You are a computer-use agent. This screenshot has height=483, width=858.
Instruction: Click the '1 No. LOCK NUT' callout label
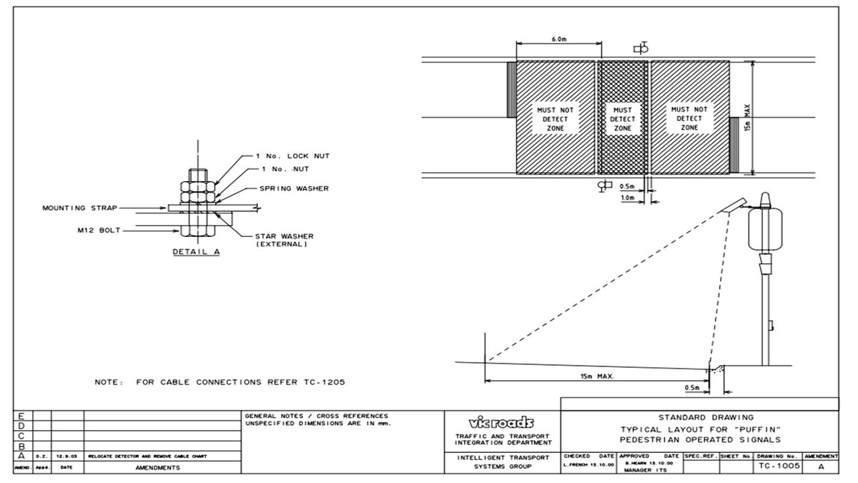click(x=293, y=156)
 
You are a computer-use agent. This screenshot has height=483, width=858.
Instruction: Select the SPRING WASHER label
click(x=294, y=189)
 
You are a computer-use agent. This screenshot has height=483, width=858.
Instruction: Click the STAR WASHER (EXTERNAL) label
click(x=284, y=240)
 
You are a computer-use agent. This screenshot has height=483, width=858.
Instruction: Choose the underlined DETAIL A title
click(x=196, y=252)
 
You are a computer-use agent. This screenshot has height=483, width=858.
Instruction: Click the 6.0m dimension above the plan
click(x=558, y=39)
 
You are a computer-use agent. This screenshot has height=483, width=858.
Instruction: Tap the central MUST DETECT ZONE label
click(x=622, y=119)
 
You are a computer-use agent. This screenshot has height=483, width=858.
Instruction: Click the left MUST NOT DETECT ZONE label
click(x=556, y=119)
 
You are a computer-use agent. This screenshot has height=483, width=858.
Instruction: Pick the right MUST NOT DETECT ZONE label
click(x=689, y=118)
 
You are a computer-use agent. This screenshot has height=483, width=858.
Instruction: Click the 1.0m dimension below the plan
click(x=628, y=197)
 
